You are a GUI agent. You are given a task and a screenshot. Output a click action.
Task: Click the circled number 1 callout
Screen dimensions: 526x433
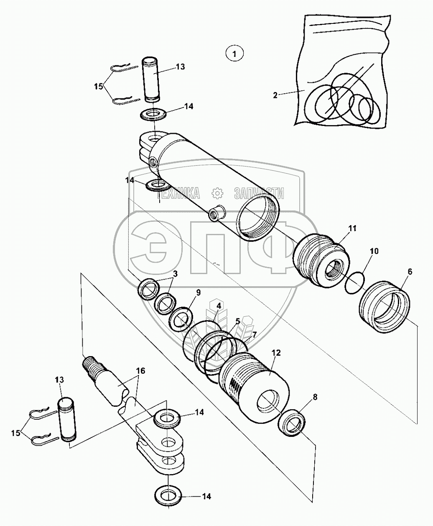pyautogui.click(x=234, y=54)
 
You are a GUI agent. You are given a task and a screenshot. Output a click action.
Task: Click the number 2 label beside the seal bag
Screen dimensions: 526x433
pyautogui.click(x=275, y=95)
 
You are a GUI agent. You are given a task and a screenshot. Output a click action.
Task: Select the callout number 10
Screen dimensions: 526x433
pyautogui.click(x=374, y=251)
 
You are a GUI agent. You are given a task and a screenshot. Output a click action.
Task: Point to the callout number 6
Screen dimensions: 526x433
pyautogui.click(x=410, y=272)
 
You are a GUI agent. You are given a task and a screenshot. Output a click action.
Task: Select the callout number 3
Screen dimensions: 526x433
pyautogui.click(x=176, y=274)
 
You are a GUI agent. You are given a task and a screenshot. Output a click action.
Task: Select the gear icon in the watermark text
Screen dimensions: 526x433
pyautogui.click(x=217, y=193)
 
